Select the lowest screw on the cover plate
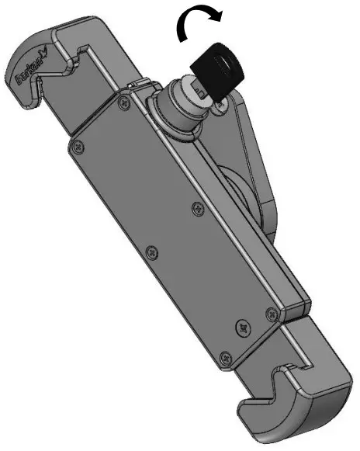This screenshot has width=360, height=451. pyautogui.click(x=223, y=357)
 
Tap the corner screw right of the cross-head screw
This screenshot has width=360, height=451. pyautogui.click(x=270, y=313)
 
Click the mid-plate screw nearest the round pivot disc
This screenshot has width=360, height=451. pyautogui.click(x=194, y=207)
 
